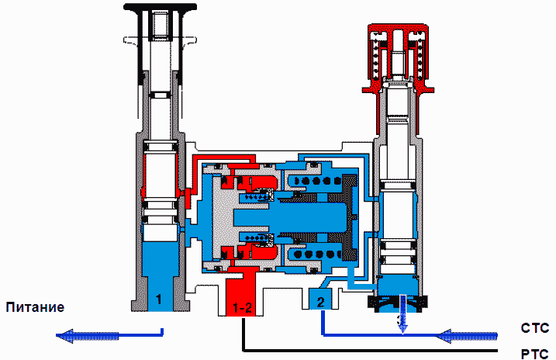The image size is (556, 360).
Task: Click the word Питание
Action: (35, 307)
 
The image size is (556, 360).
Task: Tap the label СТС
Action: (535, 328)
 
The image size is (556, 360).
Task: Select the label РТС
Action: (535, 354)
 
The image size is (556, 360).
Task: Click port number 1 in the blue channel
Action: (158, 299)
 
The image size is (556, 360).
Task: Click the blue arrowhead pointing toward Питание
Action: (65, 335)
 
